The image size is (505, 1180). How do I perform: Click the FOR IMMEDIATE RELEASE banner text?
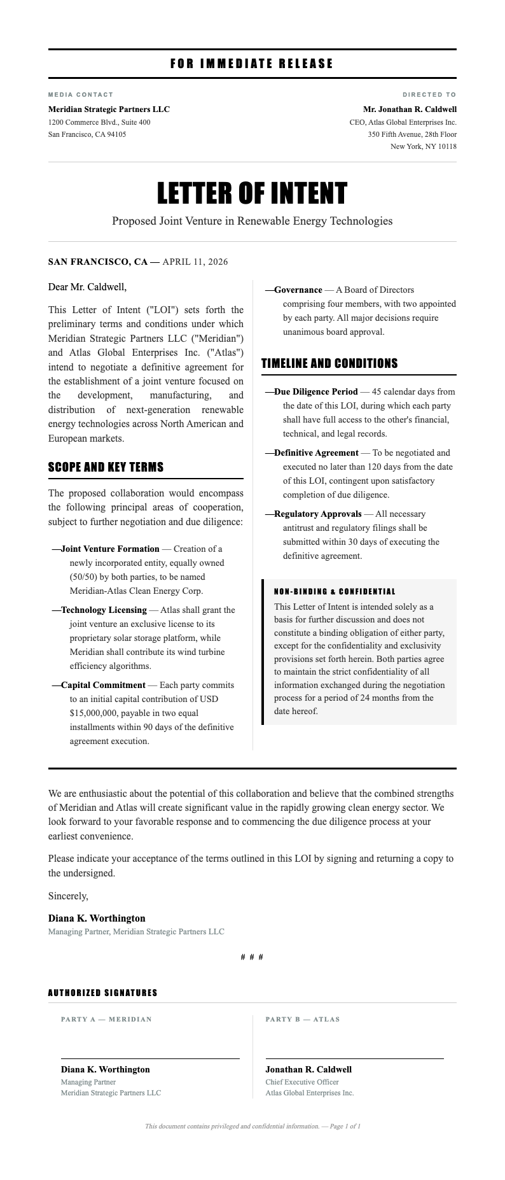pos(252,64)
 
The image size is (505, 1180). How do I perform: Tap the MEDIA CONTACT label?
pos(81,95)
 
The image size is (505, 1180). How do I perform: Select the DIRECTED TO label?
pos(429,95)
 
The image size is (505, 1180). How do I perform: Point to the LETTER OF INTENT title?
pos(252,193)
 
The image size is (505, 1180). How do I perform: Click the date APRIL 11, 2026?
pos(195,262)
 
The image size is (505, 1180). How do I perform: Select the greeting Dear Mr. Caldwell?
pos(87,287)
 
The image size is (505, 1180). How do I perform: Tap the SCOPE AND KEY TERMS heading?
pos(106,467)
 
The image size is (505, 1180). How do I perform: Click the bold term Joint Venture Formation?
pos(110,549)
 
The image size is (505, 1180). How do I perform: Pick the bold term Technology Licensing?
pos(104,610)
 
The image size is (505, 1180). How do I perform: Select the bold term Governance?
pos(298,290)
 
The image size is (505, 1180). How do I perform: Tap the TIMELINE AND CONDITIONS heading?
pos(329,363)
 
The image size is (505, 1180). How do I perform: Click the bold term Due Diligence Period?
pos(315,391)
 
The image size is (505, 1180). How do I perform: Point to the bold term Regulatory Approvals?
pos(317,514)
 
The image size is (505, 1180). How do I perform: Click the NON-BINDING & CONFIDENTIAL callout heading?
pos(335,592)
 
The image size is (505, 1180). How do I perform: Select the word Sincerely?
pos(68,896)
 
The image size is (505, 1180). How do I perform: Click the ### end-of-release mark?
pos(252,957)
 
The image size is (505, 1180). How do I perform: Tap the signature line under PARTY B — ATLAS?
pos(354,1058)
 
